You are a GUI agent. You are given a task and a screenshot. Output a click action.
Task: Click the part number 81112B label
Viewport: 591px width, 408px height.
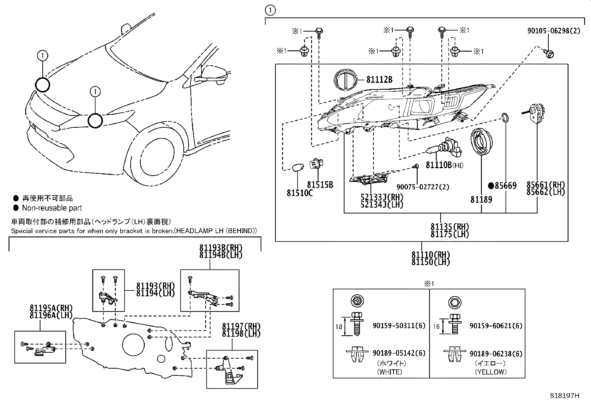[x=379, y=79]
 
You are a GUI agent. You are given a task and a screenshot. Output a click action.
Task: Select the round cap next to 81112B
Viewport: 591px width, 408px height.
[x=346, y=79]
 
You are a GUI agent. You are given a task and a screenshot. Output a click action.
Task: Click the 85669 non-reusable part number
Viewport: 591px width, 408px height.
[x=506, y=186]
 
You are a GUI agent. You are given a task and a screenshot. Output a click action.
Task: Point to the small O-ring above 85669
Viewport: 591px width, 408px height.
[x=505, y=118]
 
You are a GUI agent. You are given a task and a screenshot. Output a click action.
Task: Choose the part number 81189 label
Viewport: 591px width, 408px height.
[x=481, y=200]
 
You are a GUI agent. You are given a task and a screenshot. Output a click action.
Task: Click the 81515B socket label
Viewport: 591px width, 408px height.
[x=320, y=185]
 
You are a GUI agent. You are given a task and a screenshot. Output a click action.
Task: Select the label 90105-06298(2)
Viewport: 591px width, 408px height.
[x=554, y=31]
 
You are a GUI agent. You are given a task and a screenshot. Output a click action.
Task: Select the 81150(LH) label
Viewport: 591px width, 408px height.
[x=430, y=262]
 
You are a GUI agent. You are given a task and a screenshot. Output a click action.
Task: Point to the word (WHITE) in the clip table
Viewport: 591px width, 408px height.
[x=389, y=372]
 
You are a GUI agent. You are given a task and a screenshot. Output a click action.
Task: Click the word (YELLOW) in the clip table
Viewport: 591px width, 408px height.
[x=490, y=372]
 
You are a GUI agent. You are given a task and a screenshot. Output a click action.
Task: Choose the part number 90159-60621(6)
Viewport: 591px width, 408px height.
[x=496, y=326]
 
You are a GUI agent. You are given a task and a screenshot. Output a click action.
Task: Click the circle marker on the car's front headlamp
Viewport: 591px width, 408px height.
[x=95, y=121]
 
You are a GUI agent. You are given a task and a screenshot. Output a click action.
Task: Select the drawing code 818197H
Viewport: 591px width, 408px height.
[x=564, y=396]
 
